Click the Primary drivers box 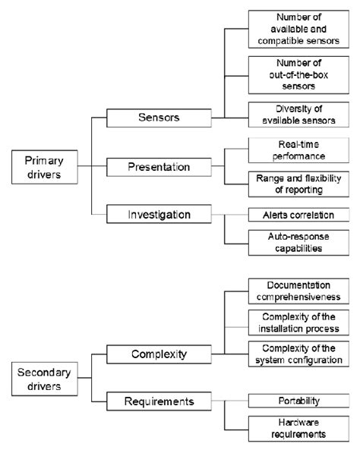point(46,165)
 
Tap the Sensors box point(159,118)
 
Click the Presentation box point(159,165)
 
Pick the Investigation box point(159,215)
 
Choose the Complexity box point(159,354)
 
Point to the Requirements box point(159,400)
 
